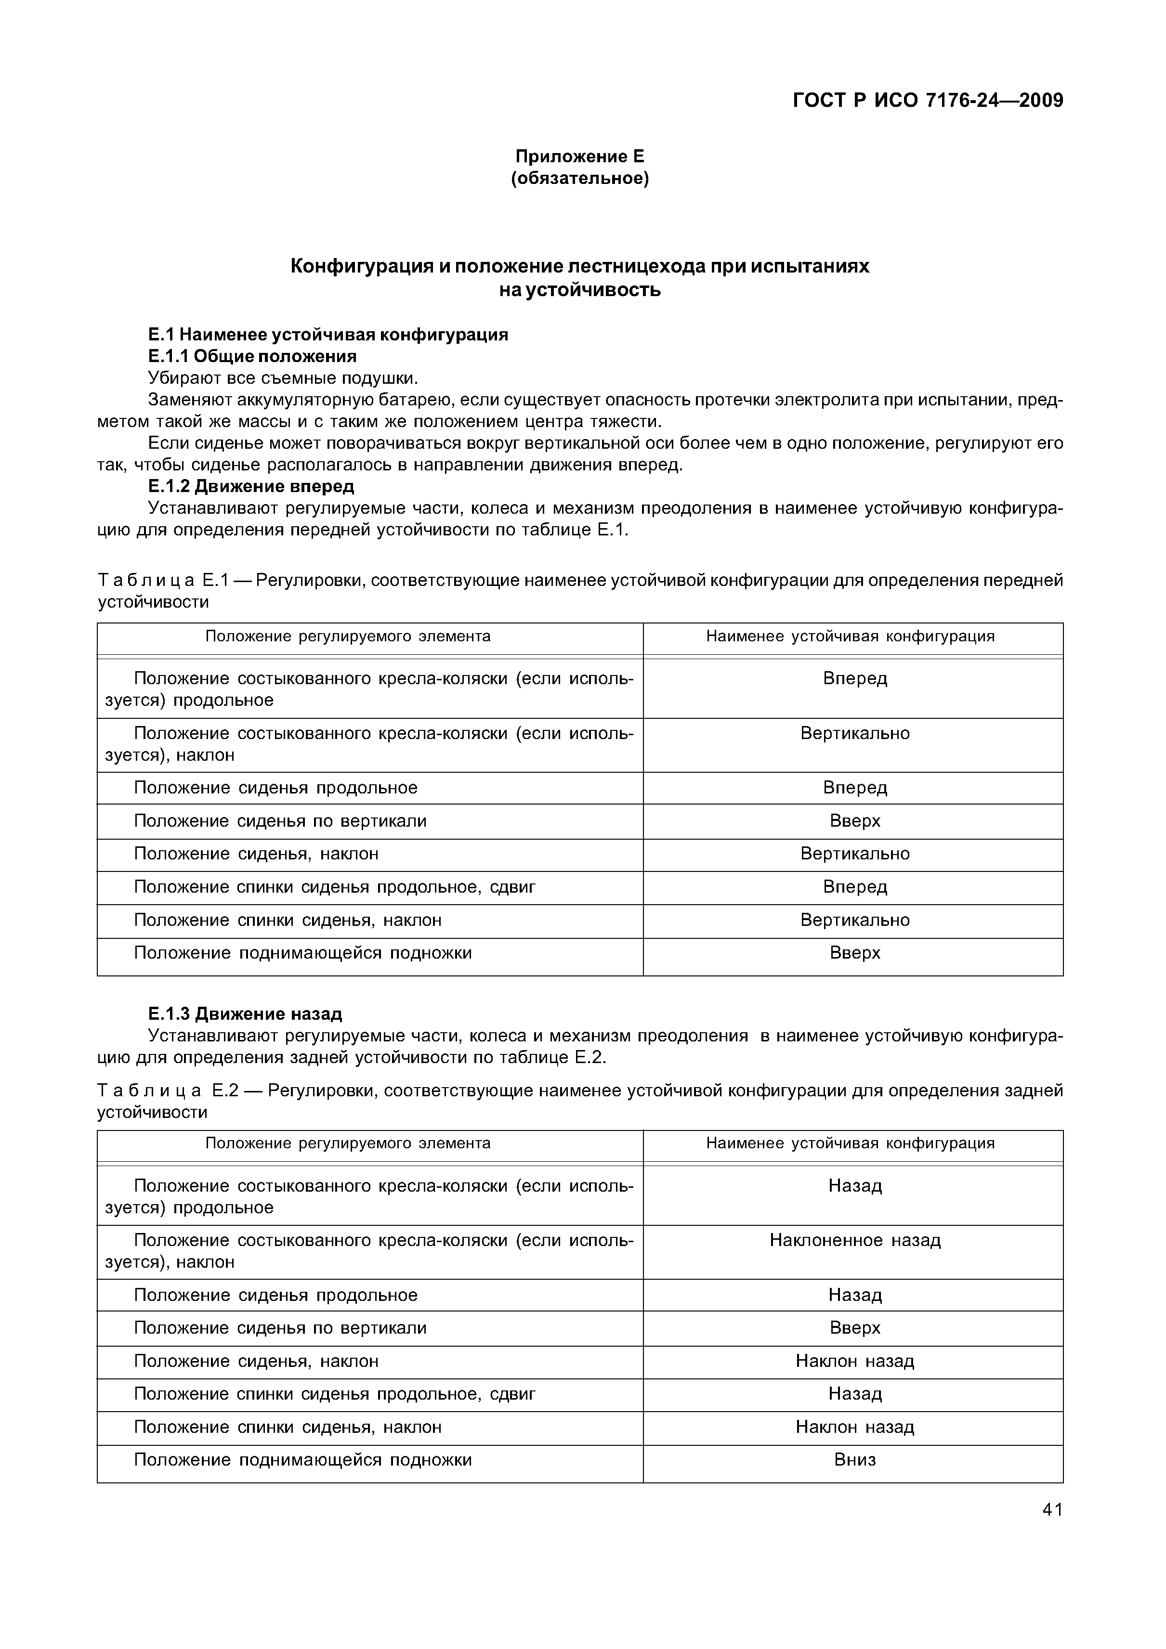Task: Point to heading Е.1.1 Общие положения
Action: (252, 356)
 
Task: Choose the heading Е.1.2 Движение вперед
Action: (251, 486)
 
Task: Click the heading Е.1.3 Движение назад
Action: (245, 1013)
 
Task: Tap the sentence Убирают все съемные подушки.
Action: (282, 378)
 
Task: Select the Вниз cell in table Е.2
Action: (855, 1459)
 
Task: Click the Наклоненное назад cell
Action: (855, 1240)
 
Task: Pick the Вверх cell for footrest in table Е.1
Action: (855, 953)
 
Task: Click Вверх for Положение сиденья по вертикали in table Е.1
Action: (855, 821)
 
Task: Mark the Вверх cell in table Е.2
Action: (855, 1328)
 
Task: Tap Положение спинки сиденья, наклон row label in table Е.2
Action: (288, 1427)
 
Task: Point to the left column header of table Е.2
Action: (348, 1143)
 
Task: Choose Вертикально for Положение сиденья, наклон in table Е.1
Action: (855, 854)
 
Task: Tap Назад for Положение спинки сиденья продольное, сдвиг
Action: (855, 1394)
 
